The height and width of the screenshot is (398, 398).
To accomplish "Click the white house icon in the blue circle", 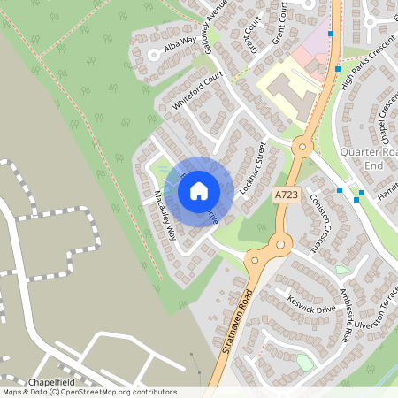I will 199,189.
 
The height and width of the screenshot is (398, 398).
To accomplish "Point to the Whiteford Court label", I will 195,91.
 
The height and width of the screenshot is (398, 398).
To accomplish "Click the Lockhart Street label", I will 252,168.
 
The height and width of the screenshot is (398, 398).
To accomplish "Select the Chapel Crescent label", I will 381,124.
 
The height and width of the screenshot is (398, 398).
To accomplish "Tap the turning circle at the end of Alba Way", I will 153,54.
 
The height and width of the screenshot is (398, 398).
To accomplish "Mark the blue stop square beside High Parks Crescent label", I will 338,68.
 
